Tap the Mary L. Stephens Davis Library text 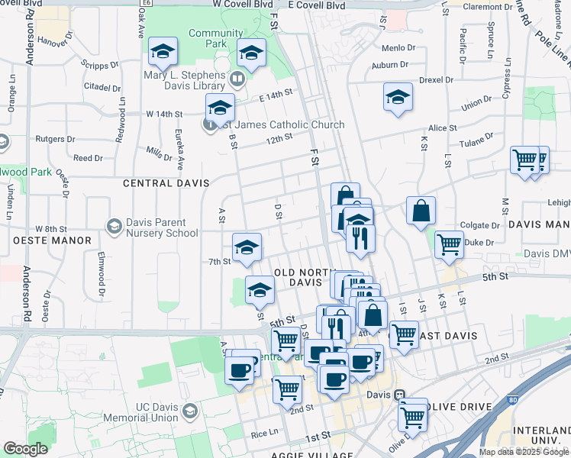[185, 81]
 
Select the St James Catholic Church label [281, 124]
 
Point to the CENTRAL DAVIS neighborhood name [159, 183]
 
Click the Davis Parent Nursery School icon [114, 227]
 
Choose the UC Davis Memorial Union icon [189, 411]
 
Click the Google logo [25, 450]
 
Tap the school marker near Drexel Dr [398, 98]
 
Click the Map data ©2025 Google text [524, 452]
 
